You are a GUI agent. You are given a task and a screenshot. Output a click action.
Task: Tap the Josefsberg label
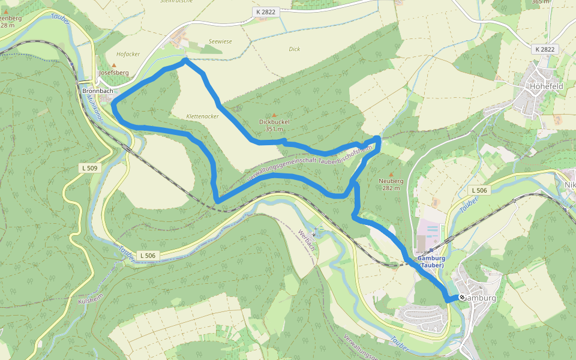pos(114,73)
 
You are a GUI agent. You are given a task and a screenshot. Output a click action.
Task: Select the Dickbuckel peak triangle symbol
pos(275,115)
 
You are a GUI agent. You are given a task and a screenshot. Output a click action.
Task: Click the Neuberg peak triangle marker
pos(391,173)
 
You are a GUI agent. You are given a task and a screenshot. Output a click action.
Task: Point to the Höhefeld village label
pos(546,86)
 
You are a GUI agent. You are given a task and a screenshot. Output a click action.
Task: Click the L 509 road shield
pos(89,168)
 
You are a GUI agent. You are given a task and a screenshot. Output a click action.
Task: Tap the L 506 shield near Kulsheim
pos(148,256)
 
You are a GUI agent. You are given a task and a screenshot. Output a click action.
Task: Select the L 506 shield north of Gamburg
pos(479,190)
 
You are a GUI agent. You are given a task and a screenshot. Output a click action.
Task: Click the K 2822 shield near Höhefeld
pos(545,49)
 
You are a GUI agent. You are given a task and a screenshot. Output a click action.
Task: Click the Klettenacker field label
pos(202,116)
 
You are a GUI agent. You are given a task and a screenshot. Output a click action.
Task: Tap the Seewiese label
pos(220,41)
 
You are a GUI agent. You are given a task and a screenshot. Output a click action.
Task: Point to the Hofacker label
pos(128,54)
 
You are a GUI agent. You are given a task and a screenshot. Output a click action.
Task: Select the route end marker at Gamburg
pos(462,298)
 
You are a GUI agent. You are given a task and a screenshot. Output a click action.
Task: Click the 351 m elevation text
pos(274,129)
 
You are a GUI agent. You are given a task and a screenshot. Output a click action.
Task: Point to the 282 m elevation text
pos(391,188)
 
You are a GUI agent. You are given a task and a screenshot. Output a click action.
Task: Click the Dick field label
pos(294,49)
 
